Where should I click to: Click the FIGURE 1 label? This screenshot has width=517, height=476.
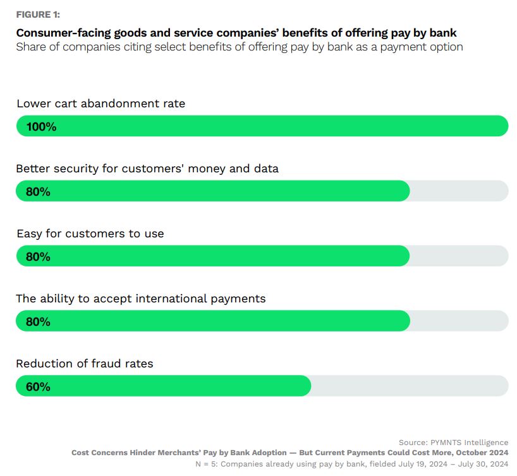pyautogui.click(x=38, y=15)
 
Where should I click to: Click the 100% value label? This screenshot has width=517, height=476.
pyautogui.click(x=41, y=126)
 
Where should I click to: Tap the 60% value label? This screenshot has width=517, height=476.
pyautogui.click(x=38, y=386)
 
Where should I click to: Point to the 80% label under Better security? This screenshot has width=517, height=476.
pyautogui.click(x=38, y=191)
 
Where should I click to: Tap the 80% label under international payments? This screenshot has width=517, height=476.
pyautogui.click(x=38, y=321)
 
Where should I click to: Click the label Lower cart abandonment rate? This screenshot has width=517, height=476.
pyautogui.click(x=100, y=104)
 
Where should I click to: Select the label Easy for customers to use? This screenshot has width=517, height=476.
pyautogui.click(x=90, y=234)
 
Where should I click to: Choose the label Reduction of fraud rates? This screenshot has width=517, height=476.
pyautogui.click(x=85, y=364)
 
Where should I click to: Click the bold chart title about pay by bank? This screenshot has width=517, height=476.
pyautogui.click(x=236, y=33)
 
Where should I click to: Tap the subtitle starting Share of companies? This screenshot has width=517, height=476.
pyautogui.click(x=240, y=47)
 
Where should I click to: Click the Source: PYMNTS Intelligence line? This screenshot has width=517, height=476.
pyautogui.click(x=453, y=443)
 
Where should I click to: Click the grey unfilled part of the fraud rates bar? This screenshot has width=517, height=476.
pyautogui.click(x=410, y=386)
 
